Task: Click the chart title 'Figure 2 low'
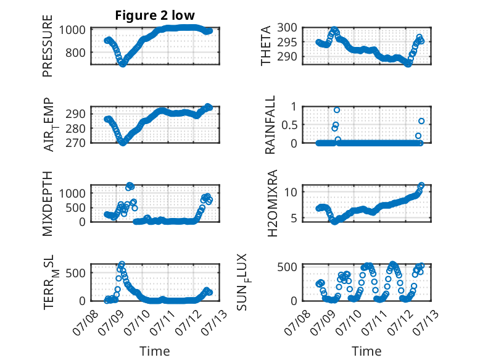[155, 15]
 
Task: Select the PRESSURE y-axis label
[48, 46]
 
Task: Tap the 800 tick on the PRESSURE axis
[75, 52]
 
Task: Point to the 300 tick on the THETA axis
[287, 28]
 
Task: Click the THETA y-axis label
[266, 46]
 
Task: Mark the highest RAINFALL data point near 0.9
[337, 110]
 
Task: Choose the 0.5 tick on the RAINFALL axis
[289, 125]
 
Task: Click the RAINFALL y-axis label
[270, 125]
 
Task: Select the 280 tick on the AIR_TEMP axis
[75, 128]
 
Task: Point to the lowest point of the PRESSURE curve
[122, 64]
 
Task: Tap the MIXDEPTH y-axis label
[48, 204]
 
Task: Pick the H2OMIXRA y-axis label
[272, 203]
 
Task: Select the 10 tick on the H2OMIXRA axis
[291, 192]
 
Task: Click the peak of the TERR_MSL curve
[122, 264]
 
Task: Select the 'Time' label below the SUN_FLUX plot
[366, 351]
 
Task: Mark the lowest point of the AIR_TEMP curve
[123, 143]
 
